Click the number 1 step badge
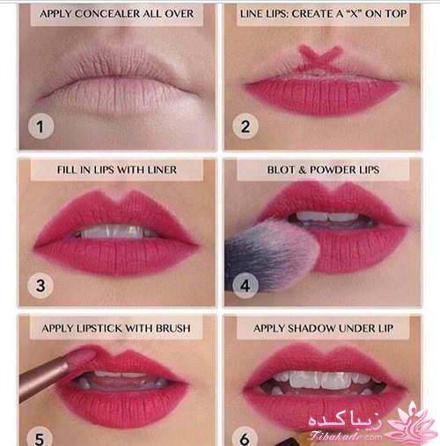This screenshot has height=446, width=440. pos(40,126)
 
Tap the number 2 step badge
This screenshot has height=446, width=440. pos(246,126)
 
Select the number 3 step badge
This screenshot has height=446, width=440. pos(40,285)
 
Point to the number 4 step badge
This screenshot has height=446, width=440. pos(246,285)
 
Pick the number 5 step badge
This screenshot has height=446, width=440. pos(40,439)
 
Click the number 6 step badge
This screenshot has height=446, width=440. pos(245,439)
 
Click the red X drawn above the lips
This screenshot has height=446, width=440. pos(321,58)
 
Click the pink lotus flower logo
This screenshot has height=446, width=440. pos(412,422)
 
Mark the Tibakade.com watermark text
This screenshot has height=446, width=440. pos(346,436)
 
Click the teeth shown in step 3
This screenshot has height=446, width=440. pos(115,232)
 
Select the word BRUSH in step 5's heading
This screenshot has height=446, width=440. pos(172,328)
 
